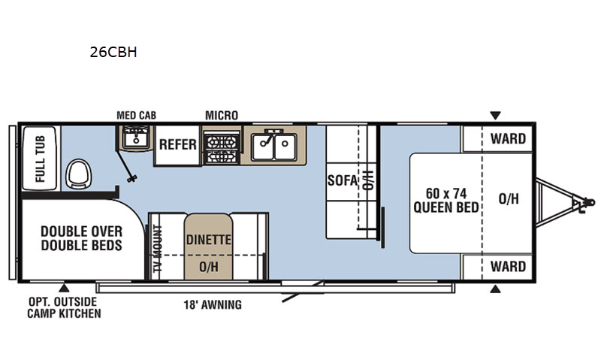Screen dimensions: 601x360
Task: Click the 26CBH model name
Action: [x=113, y=52]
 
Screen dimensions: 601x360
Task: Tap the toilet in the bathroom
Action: [x=79, y=174]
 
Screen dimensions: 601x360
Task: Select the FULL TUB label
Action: [x=40, y=159]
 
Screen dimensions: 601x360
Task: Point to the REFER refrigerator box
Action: [x=177, y=145]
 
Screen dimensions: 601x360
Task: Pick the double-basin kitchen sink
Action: [x=273, y=146]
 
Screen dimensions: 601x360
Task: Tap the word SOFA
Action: [x=343, y=180]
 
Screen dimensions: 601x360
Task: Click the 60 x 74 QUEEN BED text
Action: [x=446, y=200]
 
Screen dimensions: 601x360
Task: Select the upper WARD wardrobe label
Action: [x=508, y=139]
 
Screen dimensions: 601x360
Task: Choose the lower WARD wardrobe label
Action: [x=508, y=267]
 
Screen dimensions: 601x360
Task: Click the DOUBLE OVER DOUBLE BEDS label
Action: [x=82, y=238]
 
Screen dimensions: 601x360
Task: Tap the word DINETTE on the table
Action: [x=209, y=240]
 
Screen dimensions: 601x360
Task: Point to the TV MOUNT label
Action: [x=158, y=250]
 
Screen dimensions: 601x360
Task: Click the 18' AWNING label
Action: [x=213, y=305]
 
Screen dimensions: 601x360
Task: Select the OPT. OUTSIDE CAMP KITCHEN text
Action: [x=64, y=307]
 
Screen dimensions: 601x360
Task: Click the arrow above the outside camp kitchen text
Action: [x=64, y=288]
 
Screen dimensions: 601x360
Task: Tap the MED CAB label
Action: [x=137, y=116]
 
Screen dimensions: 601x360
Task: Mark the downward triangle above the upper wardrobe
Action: [x=495, y=116]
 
